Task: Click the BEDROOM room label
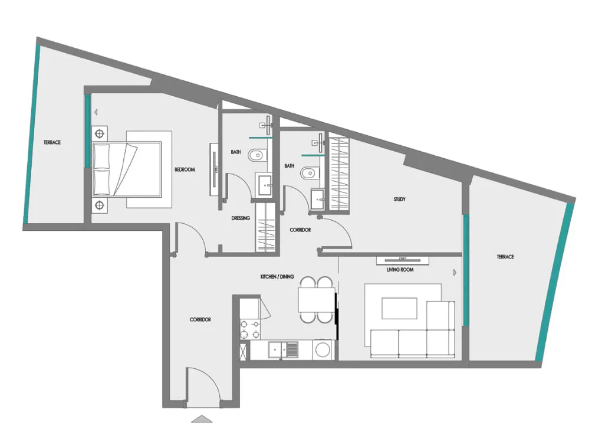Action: tap(185, 169)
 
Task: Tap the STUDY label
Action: tap(399, 200)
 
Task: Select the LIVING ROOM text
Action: tap(400, 270)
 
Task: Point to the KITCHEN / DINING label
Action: tap(277, 276)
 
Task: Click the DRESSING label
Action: tap(241, 218)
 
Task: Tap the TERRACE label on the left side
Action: tap(52, 142)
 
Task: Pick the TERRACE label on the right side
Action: tap(505, 257)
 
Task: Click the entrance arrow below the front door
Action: tap(202, 418)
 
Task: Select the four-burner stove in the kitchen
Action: tap(250, 329)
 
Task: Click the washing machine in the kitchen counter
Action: tap(323, 350)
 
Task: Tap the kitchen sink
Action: tap(284, 350)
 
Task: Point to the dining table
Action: tap(316, 300)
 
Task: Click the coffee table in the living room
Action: tap(399, 308)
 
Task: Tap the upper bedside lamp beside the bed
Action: tap(100, 134)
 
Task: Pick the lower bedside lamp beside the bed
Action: tap(100, 205)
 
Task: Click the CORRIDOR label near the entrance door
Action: tap(200, 320)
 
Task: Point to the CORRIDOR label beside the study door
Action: tap(300, 230)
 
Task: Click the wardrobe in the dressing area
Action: tap(265, 227)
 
